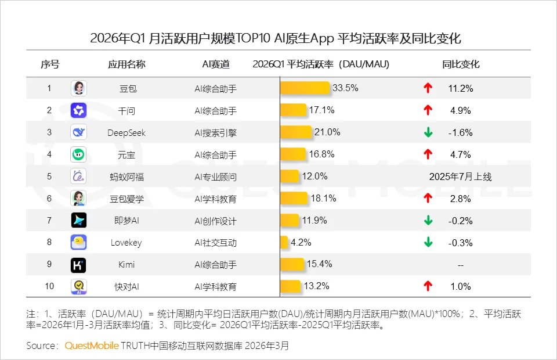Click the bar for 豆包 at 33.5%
coord(306,88)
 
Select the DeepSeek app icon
coord(78,132)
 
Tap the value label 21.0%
coord(327,132)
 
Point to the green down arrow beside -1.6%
coord(428,132)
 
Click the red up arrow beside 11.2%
coord(428,88)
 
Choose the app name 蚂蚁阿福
coord(126,177)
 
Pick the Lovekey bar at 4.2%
coord(284,243)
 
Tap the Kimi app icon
coord(78,265)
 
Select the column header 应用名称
coord(126,64)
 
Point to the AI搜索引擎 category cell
coord(215,132)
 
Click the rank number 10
coord(49,286)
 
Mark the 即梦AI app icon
coord(78,221)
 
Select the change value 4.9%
coord(461,110)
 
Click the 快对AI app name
coord(126,286)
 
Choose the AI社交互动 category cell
coord(215,243)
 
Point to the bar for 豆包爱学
coord(294,199)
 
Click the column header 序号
coord(49,64)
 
